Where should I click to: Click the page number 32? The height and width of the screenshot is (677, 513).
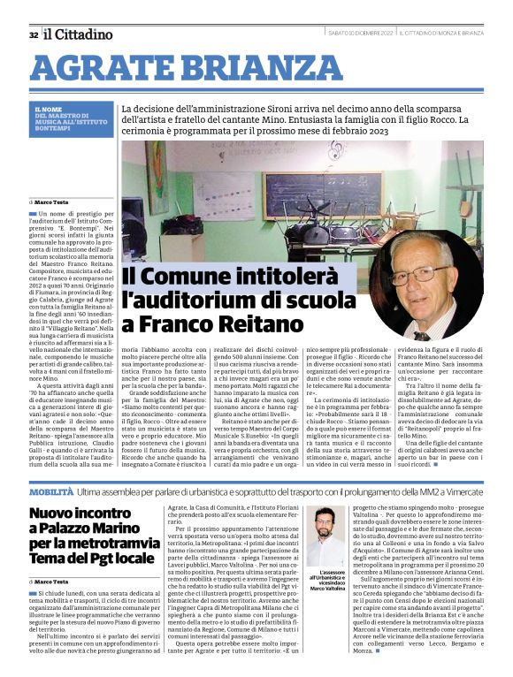(x=33, y=34)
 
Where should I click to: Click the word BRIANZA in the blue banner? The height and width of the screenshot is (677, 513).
(x=231, y=68)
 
